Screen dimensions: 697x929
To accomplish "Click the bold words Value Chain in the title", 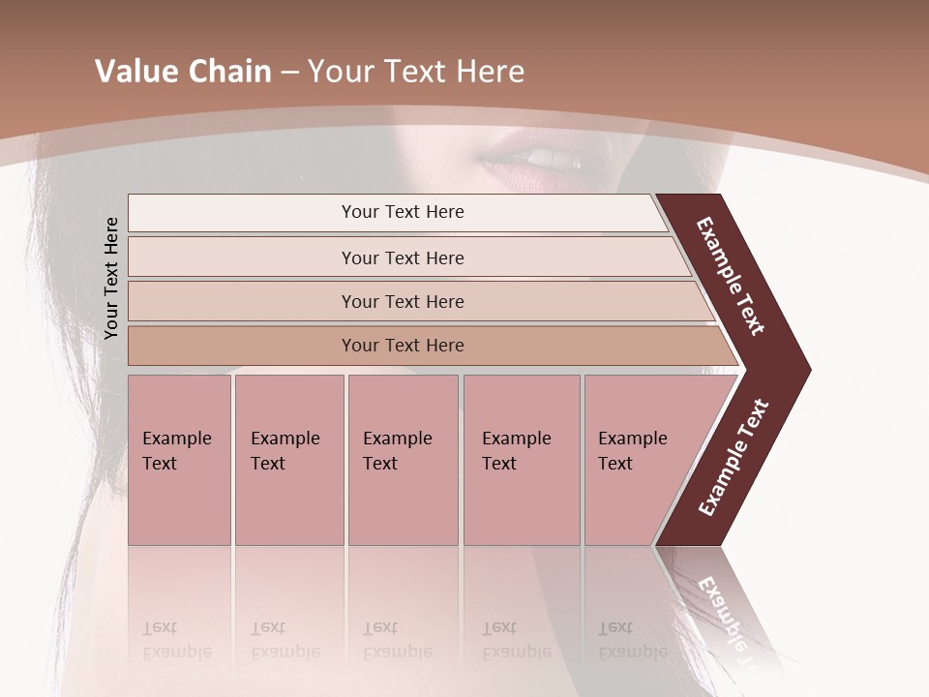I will point(183,72).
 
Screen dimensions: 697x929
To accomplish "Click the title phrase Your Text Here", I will point(415,72).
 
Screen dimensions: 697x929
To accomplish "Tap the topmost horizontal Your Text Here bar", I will point(403,212).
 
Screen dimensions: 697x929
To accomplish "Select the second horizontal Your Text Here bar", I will point(403,258).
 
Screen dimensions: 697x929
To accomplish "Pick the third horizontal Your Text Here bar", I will point(403,301).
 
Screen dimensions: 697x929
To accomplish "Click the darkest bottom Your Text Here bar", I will point(403,346).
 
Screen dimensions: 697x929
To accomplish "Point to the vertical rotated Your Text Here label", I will point(111,278).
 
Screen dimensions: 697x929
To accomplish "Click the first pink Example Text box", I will point(179,460).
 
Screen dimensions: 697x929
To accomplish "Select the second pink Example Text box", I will point(288,460).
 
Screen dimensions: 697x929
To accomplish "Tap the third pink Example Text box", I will point(403,460).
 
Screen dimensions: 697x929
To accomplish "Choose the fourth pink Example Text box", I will point(521,460).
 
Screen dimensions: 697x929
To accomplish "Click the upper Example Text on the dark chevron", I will point(731,276).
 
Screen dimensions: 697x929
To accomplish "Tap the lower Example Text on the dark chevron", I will point(733,458).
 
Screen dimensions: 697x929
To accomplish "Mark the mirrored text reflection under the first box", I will point(176,640).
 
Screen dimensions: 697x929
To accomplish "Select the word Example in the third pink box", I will point(397,439).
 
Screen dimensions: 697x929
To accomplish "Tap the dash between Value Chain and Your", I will point(289,73).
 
